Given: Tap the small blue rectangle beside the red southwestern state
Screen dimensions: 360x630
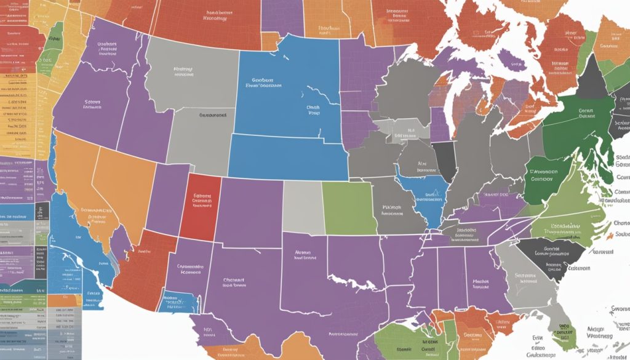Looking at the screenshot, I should click(x=178, y=302).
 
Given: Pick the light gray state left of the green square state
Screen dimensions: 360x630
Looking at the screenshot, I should click(x=302, y=207).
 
